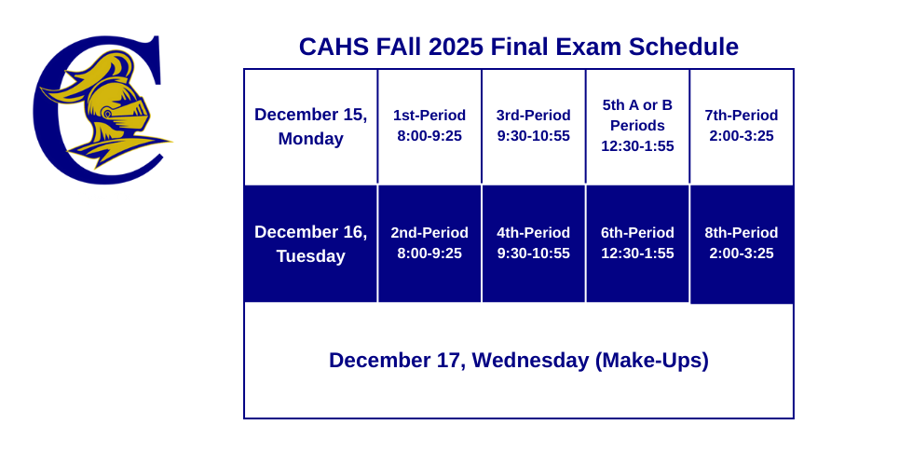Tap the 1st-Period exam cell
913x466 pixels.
[x=429, y=126]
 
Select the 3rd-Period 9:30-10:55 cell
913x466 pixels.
[x=533, y=126]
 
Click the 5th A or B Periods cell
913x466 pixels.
[x=637, y=126]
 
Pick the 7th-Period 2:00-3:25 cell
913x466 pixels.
[x=742, y=126]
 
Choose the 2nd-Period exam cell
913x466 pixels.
[x=429, y=243]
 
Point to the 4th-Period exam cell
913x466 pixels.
[x=533, y=243]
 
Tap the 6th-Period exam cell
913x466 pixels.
[x=637, y=243]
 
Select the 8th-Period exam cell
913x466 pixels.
[x=742, y=243]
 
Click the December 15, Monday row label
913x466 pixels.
[x=311, y=127]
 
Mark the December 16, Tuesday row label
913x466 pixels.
[x=311, y=243]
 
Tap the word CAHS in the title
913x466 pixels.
[x=331, y=47]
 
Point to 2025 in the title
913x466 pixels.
[x=454, y=47]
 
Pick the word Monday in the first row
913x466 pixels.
[x=311, y=139]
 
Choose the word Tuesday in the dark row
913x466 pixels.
[x=311, y=256]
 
